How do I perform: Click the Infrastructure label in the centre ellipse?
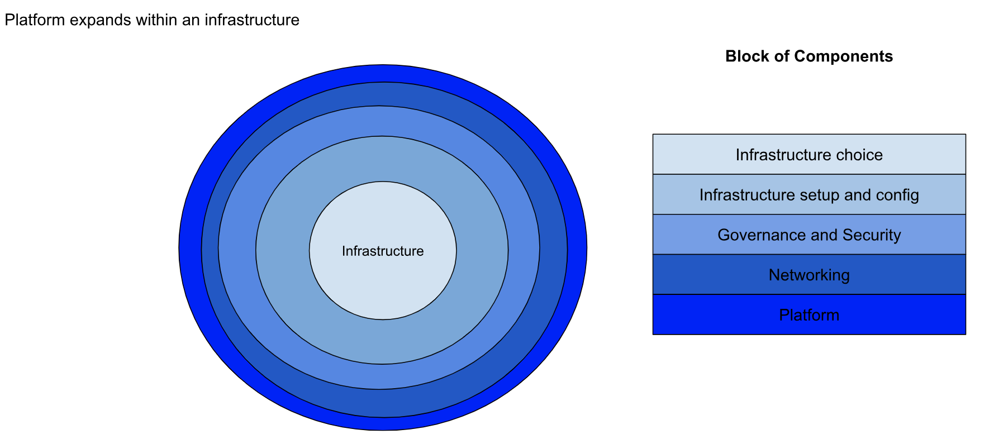pos(383,251)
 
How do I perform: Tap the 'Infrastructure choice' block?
pos(809,155)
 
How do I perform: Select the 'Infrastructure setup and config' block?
pos(809,195)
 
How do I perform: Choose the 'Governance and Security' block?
pos(809,235)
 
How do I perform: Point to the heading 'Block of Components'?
pos(809,56)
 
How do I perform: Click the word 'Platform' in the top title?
pos(34,20)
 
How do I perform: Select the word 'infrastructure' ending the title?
pos(252,20)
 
